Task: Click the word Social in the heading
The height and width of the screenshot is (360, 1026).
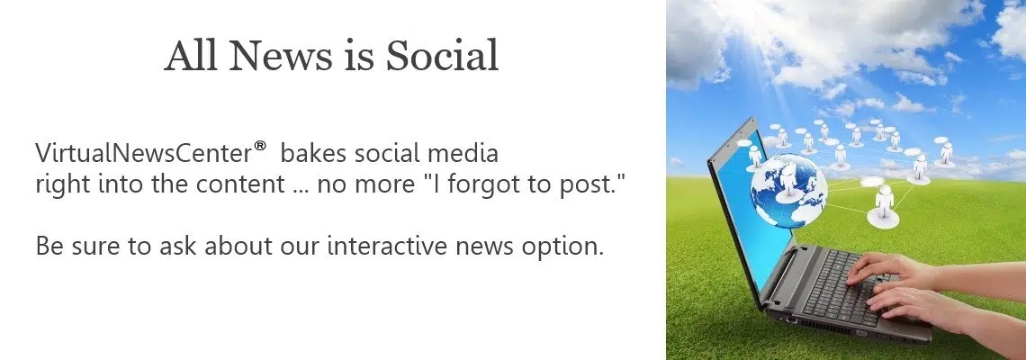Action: [x=442, y=56]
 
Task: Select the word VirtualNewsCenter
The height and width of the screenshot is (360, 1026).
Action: [x=143, y=153]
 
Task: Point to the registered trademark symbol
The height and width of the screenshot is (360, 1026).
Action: [x=260, y=146]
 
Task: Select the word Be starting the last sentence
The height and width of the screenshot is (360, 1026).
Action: [x=48, y=246]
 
